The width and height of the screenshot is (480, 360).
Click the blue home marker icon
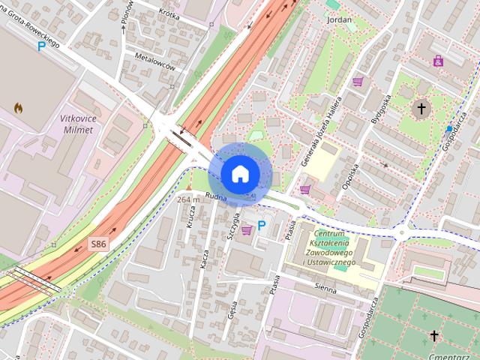point(239,174)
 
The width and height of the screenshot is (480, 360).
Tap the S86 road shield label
point(99,244)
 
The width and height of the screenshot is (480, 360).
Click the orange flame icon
point(18,108)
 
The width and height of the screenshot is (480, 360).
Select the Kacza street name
point(204,260)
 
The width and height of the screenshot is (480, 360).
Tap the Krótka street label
point(172,13)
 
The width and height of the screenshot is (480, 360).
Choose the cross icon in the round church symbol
point(421,109)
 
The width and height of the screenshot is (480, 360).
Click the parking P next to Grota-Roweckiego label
point(43,46)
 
